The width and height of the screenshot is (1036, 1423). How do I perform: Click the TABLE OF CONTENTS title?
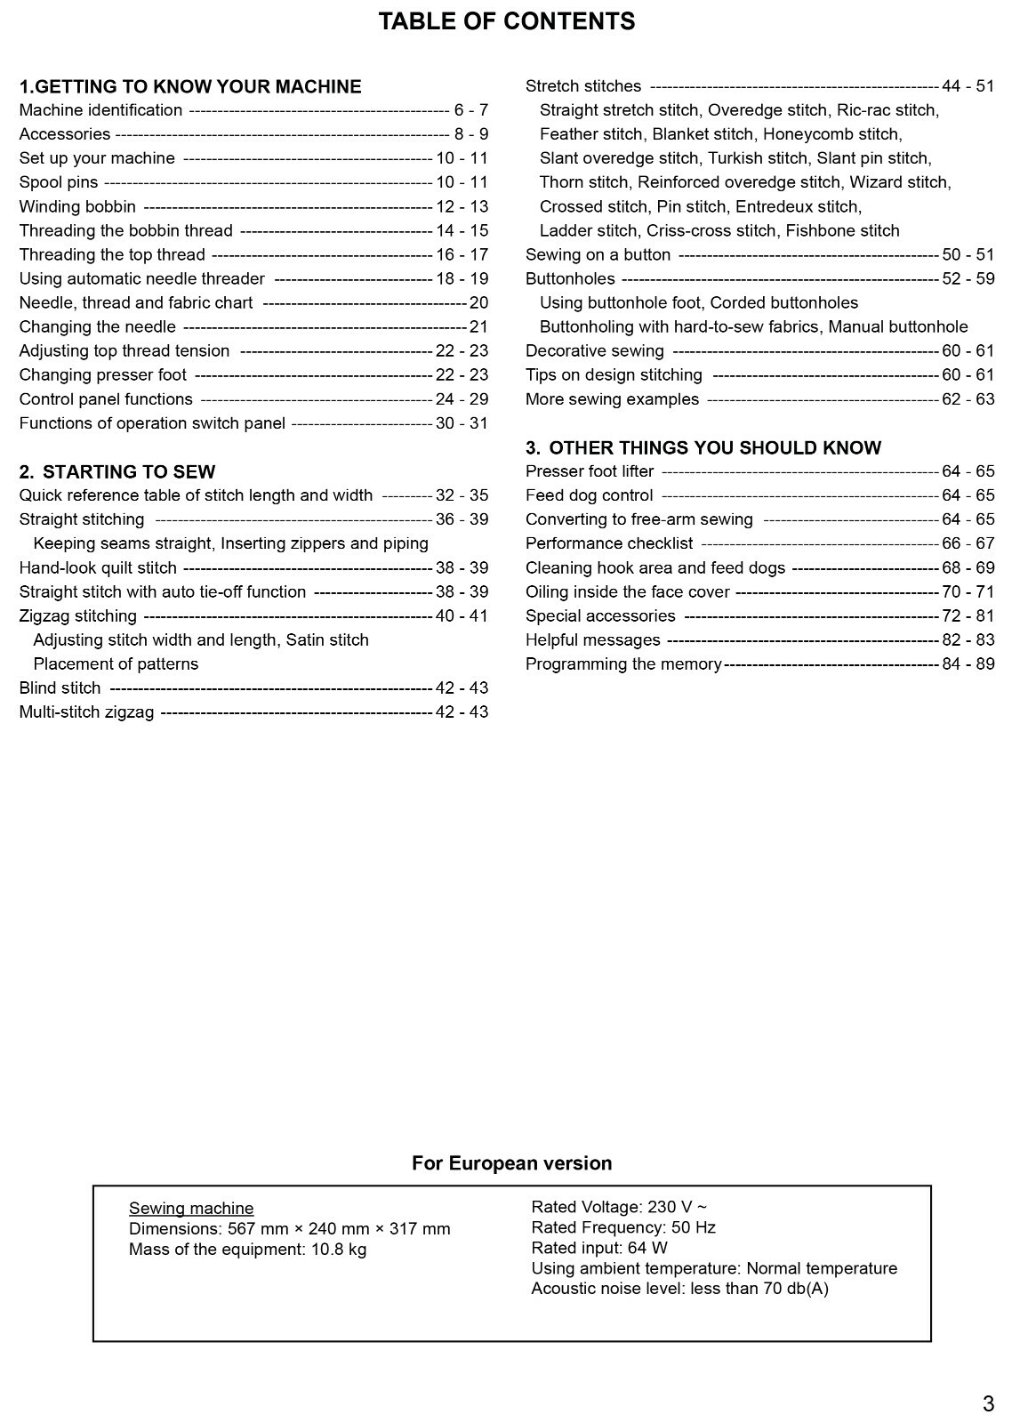pyautogui.click(x=506, y=21)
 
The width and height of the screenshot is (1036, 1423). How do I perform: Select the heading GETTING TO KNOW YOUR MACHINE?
pyautogui.click(x=190, y=87)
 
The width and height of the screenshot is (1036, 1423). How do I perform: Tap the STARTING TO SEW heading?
pyautogui.click(x=117, y=472)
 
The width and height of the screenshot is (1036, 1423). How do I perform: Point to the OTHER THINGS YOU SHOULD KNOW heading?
pyautogui.click(x=703, y=448)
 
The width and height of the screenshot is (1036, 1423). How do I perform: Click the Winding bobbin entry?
pyautogui.click(x=77, y=207)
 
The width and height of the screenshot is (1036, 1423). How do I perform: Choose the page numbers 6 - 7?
pyautogui.click(x=470, y=111)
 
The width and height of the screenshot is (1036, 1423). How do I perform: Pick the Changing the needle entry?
pyautogui.click(x=97, y=327)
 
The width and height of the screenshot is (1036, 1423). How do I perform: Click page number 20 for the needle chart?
pyautogui.click(x=478, y=303)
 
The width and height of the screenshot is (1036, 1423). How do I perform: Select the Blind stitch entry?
pyautogui.click(x=60, y=688)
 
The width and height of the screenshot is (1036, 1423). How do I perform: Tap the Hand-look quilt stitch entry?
pyautogui.click(x=98, y=568)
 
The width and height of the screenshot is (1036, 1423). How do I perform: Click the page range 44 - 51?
pyautogui.click(x=968, y=87)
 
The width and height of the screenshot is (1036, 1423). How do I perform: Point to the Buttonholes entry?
pyautogui.click(x=570, y=279)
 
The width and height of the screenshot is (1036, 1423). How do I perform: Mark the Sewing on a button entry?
pyautogui.click(x=598, y=255)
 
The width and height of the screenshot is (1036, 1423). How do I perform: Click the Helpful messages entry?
pyautogui.click(x=592, y=640)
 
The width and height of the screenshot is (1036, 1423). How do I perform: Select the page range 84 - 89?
pyautogui.click(x=968, y=664)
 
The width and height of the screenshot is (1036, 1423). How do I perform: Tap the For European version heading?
pyautogui.click(x=511, y=1163)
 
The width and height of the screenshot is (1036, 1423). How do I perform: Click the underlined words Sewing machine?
pyautogui.click(x=191, y=1209)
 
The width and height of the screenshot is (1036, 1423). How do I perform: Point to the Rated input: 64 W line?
pyautogui.click(x=598, y=1249)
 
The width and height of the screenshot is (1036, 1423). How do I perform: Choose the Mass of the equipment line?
pyautogui.click(x=247, y=1250)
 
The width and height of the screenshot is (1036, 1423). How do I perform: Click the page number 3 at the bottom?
pyautogui.click(x=988, y=1404)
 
